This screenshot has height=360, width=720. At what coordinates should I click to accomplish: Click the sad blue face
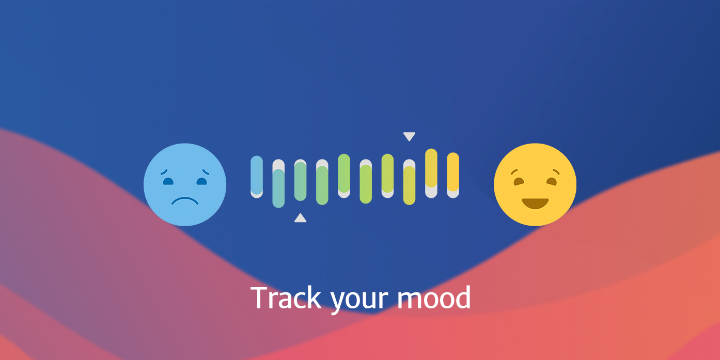pos(185,184)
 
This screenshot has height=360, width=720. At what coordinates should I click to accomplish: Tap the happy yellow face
pos(535,184)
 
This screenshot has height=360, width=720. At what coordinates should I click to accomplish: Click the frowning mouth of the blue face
pos(185,201)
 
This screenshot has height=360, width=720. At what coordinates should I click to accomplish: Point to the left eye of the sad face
pos(168,181)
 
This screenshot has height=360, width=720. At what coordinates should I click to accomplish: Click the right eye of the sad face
pos(201,181)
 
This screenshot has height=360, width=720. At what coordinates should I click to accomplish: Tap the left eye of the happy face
pos(519,182)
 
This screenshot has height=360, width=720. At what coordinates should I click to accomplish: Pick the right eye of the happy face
pos(552,182)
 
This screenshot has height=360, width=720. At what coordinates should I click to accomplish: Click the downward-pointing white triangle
pos(409,136)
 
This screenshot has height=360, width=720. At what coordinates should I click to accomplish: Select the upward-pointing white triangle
pos(300,218)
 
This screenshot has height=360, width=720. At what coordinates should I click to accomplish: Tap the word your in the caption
pos(359,301)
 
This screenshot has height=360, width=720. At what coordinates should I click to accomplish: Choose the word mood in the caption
pos(434,298)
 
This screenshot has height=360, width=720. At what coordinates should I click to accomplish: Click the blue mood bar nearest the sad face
pos(257,177)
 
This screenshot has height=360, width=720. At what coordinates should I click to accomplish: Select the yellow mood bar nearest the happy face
pos(453,175)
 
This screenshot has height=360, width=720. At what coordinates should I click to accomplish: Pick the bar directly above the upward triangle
pos(300,180)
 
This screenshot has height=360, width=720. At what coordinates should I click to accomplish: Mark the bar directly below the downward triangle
pos(409,182)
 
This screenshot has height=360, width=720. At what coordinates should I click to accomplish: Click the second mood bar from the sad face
pos(278,183)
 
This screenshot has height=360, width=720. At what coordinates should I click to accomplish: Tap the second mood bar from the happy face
pos(431,173)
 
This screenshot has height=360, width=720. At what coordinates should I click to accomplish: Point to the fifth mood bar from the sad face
pos(344,176)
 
